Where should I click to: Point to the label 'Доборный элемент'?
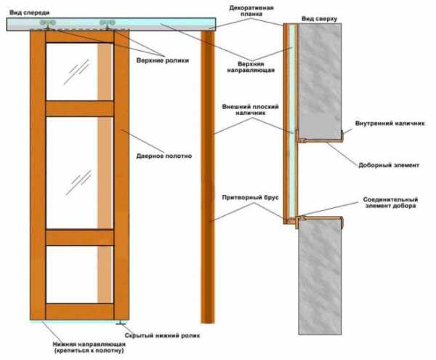(388, 165)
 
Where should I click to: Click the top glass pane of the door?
(70, 71)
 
